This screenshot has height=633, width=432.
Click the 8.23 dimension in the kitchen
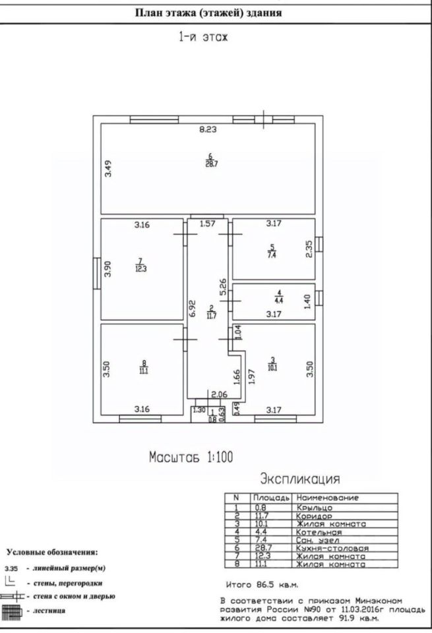pos(208,130)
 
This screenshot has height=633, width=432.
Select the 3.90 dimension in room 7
pos(108,269)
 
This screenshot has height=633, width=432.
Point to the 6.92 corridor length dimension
pos(193,308)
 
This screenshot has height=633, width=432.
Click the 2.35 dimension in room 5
pos(309,249)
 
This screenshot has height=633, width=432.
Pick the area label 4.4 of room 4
pos(278,301)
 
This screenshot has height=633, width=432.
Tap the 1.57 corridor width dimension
pos(208,224)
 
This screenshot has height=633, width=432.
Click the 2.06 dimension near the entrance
pos(219,394)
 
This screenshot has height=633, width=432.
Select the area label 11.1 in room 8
pos(144,371)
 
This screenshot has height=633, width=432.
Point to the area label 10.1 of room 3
pos(272,368)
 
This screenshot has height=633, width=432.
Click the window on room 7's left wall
pos(97,273)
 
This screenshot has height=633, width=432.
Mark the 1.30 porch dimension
pos(199,410)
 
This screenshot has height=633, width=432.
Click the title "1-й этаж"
pos(204,37)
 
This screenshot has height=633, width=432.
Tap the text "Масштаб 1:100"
pos(191,458)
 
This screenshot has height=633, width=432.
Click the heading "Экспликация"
pos(300,479)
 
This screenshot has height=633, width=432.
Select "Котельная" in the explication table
pos(319,532)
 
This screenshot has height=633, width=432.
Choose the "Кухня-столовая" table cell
pos(332,548)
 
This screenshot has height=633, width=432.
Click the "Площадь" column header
pos(271,498)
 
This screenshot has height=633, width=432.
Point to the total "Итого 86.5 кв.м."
pos(262,585)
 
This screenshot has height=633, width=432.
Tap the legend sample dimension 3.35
pos(11,568)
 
